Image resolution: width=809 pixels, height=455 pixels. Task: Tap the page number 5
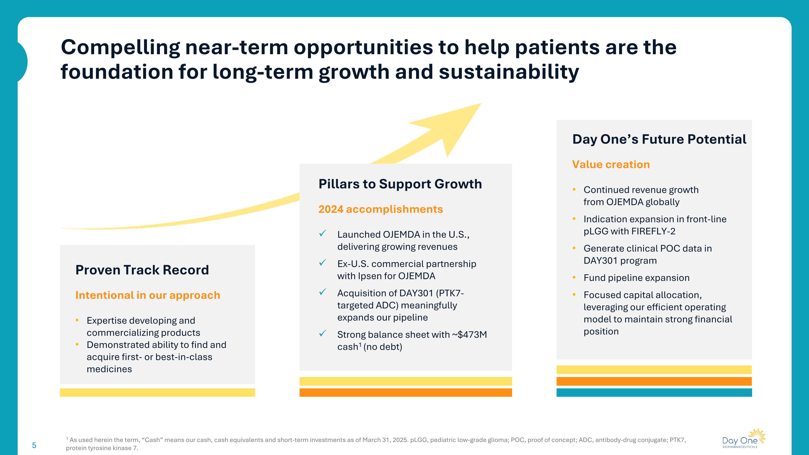point(34,445)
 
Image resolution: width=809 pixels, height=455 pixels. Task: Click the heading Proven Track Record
point(142,270)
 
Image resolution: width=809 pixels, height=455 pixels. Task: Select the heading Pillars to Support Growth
point(400,184)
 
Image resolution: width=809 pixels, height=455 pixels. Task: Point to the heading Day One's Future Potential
point(659,139)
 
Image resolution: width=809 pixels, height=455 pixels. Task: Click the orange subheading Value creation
point(611,165)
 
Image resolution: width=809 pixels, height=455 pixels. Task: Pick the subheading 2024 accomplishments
point(380,209)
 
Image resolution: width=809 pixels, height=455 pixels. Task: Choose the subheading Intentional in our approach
point(148,295)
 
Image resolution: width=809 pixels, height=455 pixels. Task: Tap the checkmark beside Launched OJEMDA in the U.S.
point(323,233)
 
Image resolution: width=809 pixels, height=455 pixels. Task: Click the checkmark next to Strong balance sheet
point(323,333)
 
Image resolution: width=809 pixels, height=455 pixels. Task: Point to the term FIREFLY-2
point(653,231)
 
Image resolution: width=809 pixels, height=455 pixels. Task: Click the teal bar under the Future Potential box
point(654,392)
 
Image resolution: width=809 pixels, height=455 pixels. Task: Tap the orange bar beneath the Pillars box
point(405,392)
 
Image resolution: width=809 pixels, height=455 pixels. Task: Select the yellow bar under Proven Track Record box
point(157,392)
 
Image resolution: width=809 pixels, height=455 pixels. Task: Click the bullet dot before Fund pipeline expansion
point(574,277)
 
